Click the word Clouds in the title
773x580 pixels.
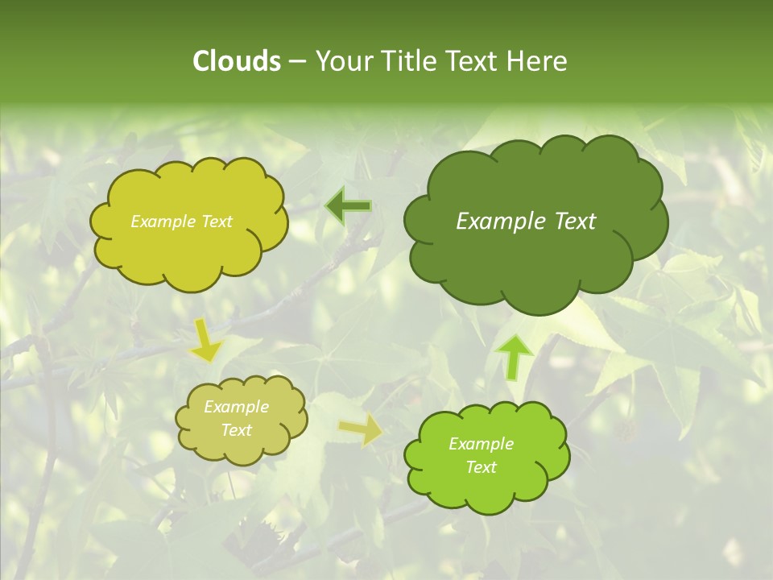pos(236,61)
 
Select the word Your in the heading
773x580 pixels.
pos(339,61)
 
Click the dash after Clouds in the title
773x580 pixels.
pos(297,62)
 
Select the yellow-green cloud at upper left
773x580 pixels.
pos(189,254)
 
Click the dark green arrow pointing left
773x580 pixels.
pos(348,207)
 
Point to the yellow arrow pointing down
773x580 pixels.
pos(206,340)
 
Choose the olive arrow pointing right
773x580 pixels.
pos(361,430)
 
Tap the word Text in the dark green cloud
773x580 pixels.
pos(575,222)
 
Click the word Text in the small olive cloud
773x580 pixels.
pos(236,430)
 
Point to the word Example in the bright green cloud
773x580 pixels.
pos(481,444)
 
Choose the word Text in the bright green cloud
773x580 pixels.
pos(481,467)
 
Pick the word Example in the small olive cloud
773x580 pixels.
pos(236,407)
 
